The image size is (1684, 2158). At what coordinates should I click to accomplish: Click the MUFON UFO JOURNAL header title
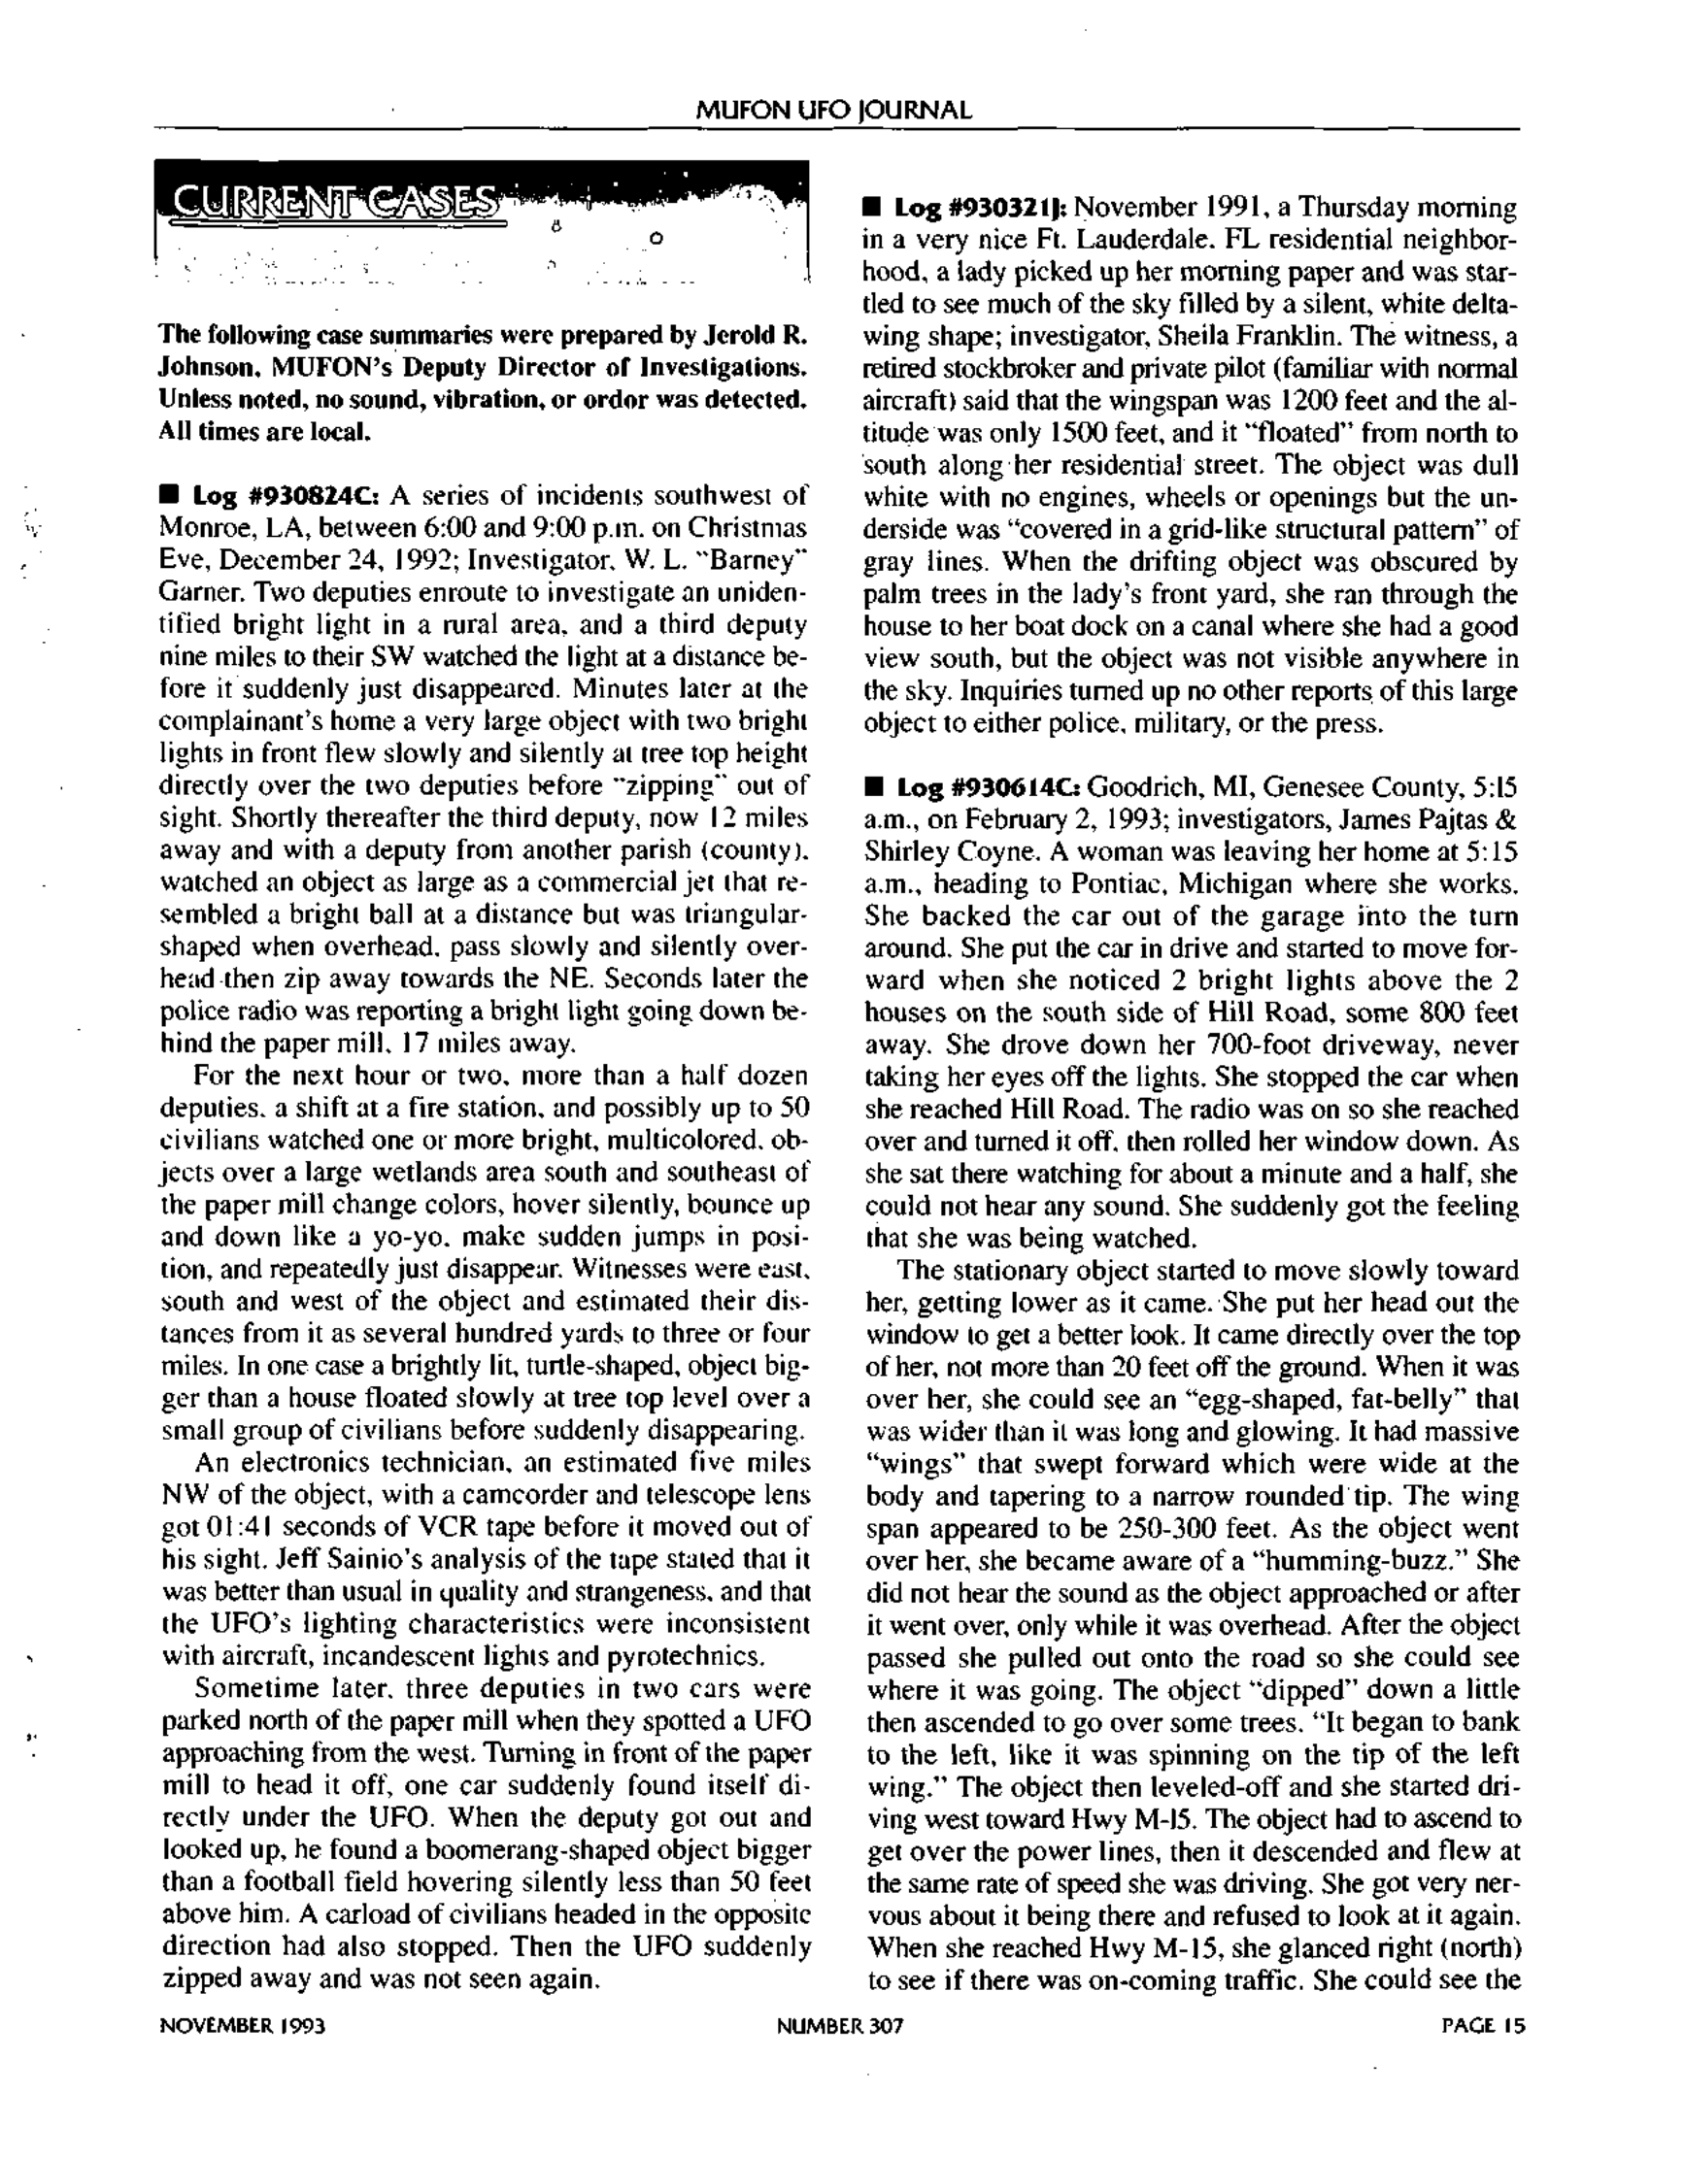[x=833, y=110]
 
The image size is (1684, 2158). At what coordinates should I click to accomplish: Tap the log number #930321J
[x=978, y=209]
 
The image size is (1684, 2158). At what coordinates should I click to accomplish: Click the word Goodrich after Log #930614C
[x=1136, y=788]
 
